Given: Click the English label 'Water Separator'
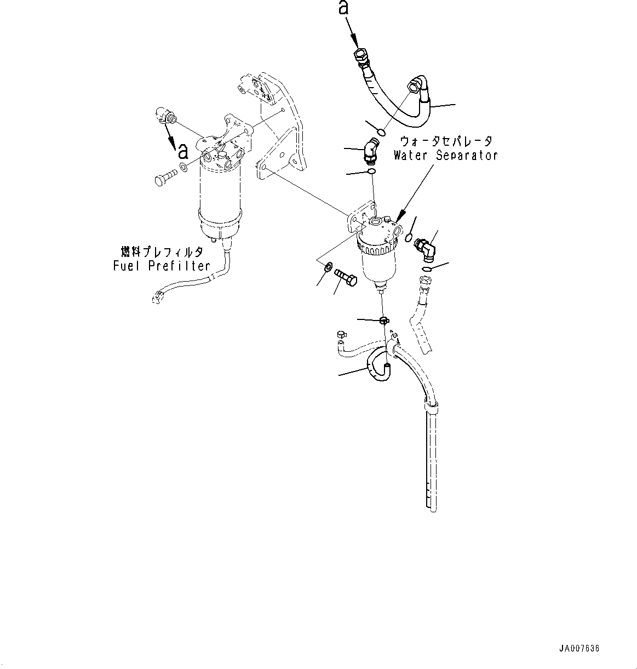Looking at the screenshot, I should [x=445, y=155].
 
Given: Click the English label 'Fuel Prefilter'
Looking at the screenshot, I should [x=162, y=266].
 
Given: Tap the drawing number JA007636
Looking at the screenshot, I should [x=579, y=648].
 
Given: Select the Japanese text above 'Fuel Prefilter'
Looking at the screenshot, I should [x=162, y=251].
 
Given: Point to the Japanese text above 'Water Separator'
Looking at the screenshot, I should [x=446, y=141].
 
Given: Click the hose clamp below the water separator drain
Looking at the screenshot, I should [x=385, y=319].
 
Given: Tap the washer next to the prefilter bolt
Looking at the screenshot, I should [x=184, y=167].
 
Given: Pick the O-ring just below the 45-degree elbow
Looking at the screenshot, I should [x=372, y=173].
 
